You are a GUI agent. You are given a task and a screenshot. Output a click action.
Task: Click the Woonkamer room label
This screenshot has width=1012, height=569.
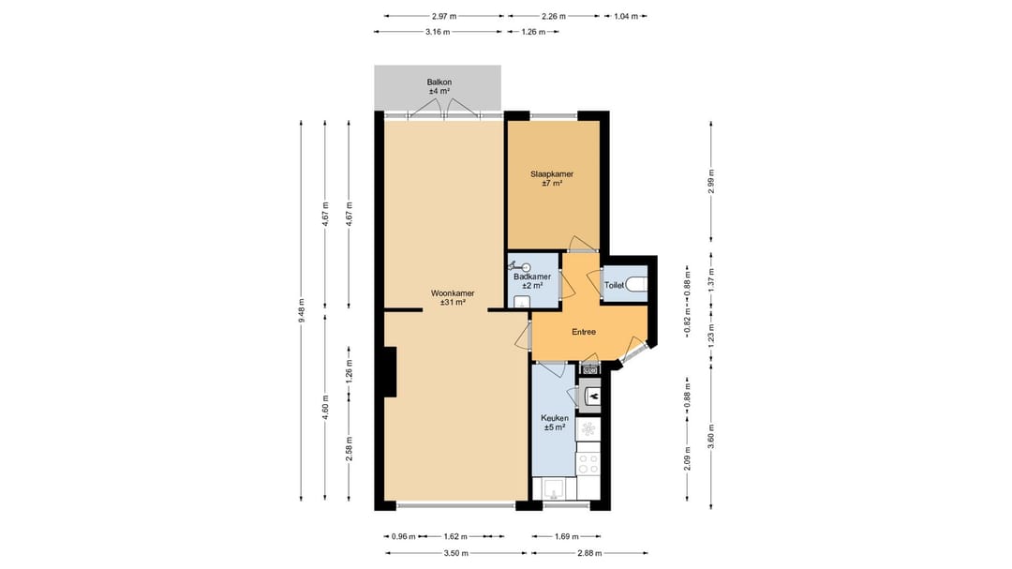(453, 293)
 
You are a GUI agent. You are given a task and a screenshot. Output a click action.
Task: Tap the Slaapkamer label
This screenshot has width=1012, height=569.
(551, 174)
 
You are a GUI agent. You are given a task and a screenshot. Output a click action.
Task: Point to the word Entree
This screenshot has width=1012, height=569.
(584, 332)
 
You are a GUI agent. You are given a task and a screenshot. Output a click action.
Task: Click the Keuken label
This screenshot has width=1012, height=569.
(554, 418)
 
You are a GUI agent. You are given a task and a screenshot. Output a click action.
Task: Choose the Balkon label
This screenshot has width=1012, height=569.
(439, 82)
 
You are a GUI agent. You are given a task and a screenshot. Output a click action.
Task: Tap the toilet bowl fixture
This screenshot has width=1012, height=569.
(637, 284)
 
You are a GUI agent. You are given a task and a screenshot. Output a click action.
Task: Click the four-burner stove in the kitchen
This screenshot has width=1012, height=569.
(588, 462)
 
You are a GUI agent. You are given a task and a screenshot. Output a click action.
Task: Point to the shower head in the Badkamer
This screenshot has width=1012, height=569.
(528, 266)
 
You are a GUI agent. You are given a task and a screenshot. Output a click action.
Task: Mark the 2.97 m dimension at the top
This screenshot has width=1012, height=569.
(444, 16)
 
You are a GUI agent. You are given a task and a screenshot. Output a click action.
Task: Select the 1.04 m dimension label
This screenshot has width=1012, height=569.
(626, 16)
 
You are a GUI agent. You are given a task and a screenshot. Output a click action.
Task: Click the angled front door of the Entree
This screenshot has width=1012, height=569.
(634, 353)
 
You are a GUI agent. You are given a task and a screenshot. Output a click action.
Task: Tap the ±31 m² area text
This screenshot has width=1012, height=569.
(453, 303)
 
